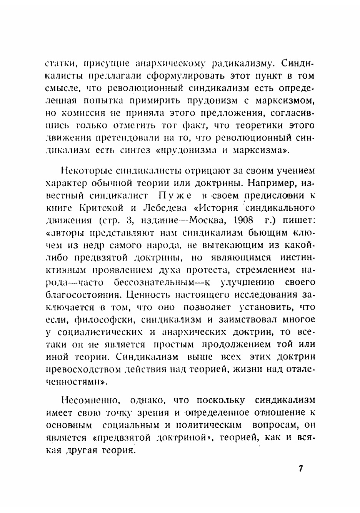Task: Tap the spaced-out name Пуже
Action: tap(175, 196)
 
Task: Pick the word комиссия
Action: tap(82, 113)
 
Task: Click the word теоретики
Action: tap(259, 125)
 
